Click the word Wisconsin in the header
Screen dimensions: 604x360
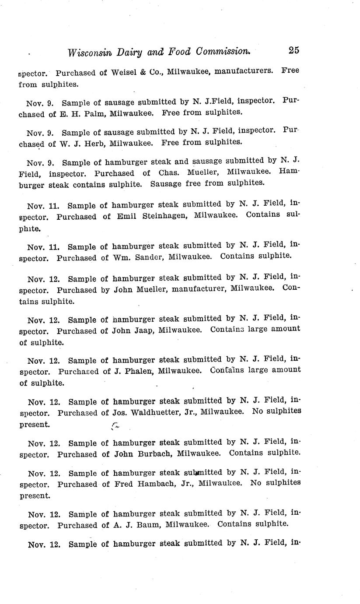click(x=91, y=52)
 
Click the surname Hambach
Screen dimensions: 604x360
click(x=156, y=484)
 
